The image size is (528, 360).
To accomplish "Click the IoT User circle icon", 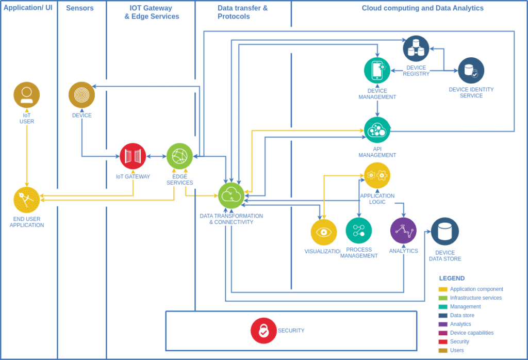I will click(27, 95).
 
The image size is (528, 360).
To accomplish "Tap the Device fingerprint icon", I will click(81, 95).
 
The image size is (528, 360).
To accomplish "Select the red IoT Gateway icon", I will click(133, 156).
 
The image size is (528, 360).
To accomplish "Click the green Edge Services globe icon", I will click(179, 156).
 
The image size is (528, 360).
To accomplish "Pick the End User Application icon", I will click(27, 200).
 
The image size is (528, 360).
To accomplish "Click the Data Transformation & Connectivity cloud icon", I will click(231, 195).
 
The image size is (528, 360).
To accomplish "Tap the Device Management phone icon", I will click(377, 70).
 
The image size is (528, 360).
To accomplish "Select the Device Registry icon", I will click(416, 49).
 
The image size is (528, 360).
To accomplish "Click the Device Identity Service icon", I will click(471, 71).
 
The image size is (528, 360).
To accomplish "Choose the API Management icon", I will click(377, 130).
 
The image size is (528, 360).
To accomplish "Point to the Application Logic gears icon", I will click(377, 175).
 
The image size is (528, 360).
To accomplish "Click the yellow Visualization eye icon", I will click(324, 232).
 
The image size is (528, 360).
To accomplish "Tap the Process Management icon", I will click(359, 231).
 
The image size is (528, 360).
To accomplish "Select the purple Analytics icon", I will click(403, 231).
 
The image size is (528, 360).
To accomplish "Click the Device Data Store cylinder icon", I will click(445, 232).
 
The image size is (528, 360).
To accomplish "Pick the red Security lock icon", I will click(263, 331).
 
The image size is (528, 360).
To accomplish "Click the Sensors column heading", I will click(80, 8).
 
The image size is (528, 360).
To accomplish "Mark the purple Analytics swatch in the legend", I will click(443, 324).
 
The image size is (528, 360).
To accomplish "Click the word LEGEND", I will click(452, 278).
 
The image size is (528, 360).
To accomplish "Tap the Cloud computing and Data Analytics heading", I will click(422, 8).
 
